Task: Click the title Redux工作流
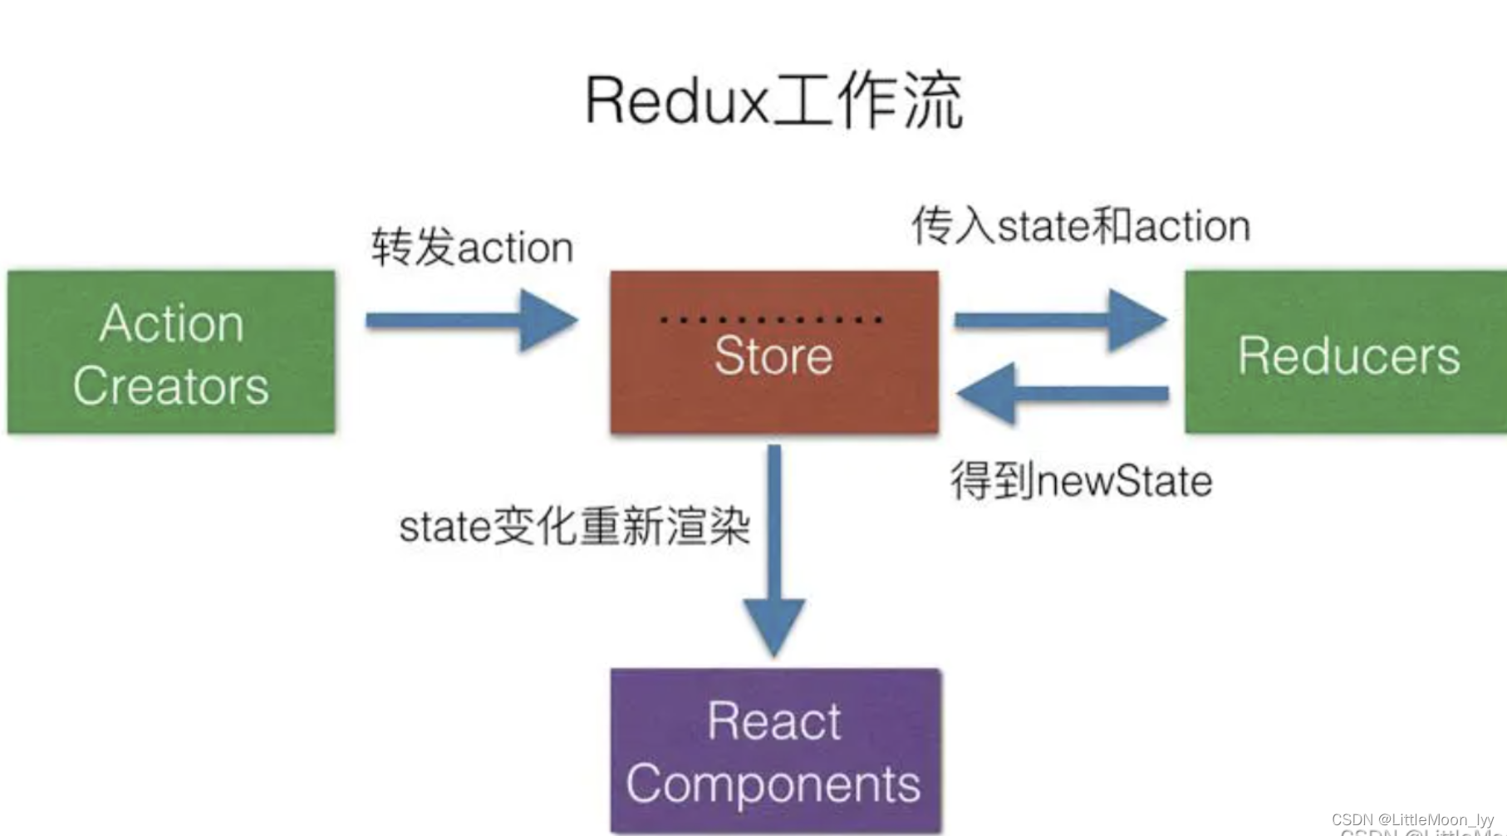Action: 773,101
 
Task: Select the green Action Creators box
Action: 171,352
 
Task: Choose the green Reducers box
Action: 1346,352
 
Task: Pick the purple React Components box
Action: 775,750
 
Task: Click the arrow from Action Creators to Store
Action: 471,320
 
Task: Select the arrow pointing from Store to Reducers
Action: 1060,320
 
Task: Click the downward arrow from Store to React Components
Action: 774,548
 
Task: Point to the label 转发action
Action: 472,248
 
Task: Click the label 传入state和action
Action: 1080,226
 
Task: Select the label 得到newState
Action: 1081,481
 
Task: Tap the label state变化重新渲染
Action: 574,526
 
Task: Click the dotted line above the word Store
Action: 771,319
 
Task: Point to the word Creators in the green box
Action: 171,386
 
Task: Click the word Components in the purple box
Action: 773,784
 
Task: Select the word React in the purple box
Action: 773,720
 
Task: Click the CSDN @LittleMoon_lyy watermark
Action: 1412,819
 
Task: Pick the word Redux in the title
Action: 677,101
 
